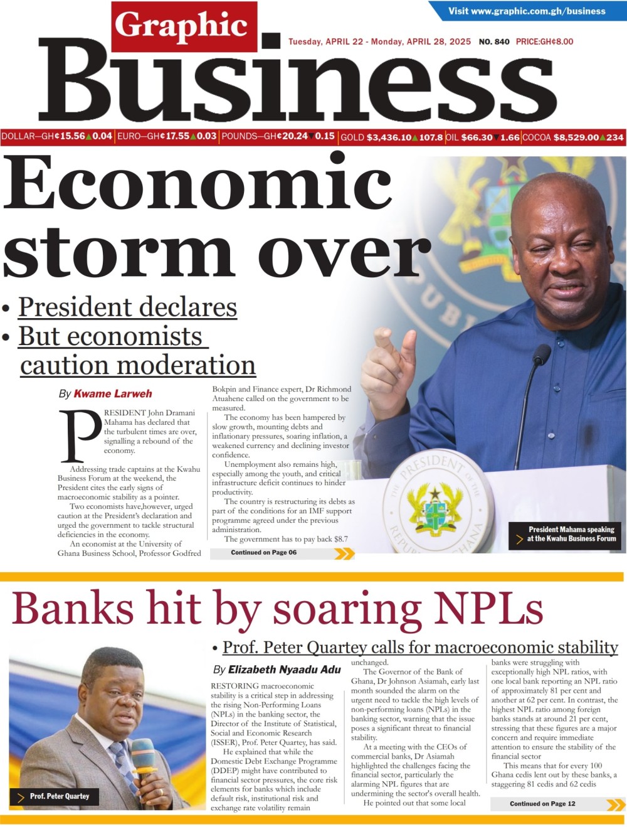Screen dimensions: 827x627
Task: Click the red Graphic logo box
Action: point(184,26)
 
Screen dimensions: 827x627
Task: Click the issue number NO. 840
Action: point(494,41)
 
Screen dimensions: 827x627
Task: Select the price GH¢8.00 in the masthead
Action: point(544,41)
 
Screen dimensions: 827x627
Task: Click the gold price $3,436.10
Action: point(389,137)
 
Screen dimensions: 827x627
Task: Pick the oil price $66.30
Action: point(477,137)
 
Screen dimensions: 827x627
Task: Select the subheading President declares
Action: point(127,307)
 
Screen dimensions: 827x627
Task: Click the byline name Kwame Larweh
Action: point(113,394)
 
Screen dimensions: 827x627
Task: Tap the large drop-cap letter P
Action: point(80,435)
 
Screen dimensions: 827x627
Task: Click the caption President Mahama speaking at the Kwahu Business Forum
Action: point(571,534)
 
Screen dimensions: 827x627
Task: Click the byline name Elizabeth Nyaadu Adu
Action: point(284,670)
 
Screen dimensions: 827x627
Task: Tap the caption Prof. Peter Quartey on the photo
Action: point(60,796)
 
